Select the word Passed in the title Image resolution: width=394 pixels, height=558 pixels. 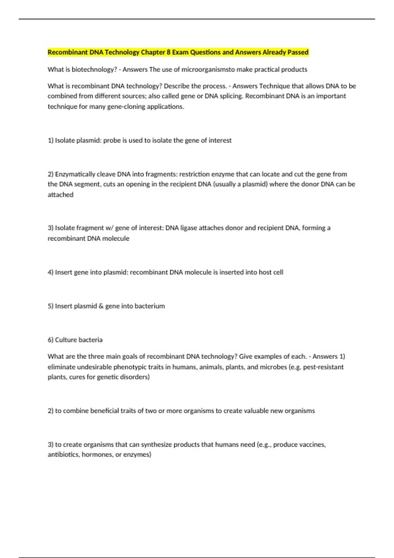(x=298, y=52)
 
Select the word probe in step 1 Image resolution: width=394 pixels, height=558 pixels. (x=112, y=140)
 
